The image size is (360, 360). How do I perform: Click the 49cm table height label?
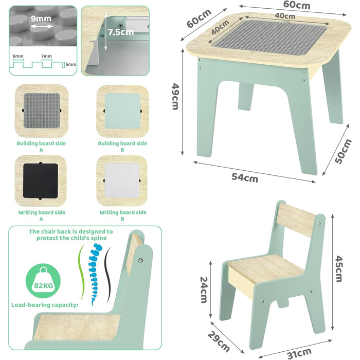pyautogui.click(x=175, y=96)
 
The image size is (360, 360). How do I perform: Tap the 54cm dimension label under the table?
pyautogui.click(x=245, y=177)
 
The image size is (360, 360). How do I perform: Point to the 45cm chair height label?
pyautogui.click(x=339, y=269)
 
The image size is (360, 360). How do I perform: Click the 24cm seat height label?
pyautogui.click(x=204, y=290)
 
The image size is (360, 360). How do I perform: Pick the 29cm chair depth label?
pyautogui.click(x=219, y=342)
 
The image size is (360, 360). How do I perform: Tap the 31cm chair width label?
pyautogui.click(x=299, y=353)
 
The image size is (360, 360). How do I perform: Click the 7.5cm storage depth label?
pyautogui.click(x=121, y=32)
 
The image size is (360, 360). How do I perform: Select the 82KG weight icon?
pyautogui.click(x=43, y=281)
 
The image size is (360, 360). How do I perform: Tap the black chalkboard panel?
pyautogui.click(x=41, y=181)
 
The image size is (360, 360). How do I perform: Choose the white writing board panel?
pyautogui.click(x=122, y=181)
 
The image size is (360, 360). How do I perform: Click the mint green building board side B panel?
pyautogui.click(x=122, y=111)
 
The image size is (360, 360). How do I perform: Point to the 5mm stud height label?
pyautogui.click(x=71, y=64)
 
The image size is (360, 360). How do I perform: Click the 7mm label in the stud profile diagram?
pyautogui.click(x=47, y=56)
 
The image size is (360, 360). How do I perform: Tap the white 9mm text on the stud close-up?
pyautogui.click(x=41, y=19)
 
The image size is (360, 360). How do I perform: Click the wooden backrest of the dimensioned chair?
pyautogui.click(x=296, y=220)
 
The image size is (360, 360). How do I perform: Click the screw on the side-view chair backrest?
pyautogui.click(x=141, y=260)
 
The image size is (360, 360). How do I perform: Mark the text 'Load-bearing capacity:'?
pyautogui.click(x=45, y=305)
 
